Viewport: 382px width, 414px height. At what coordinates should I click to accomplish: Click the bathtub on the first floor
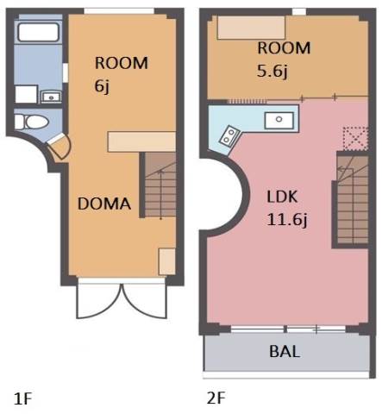tap(38, 32)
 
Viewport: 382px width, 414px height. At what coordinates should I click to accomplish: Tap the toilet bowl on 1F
tap(32, 122)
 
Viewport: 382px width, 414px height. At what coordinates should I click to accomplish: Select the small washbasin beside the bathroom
tap(51, 97)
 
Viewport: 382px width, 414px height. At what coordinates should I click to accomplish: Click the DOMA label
tap(104, 204)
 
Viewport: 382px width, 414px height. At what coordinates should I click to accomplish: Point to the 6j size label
tap(102, 85)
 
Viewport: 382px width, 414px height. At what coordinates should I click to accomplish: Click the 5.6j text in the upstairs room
tap(272, 71)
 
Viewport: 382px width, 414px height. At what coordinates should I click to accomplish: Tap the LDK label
tap(282, 198)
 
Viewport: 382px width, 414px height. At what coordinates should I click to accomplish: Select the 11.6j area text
tap(287, 220)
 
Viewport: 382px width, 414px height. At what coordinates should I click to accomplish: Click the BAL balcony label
tap(285, 351)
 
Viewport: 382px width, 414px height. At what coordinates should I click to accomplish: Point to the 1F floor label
tap(22, 398)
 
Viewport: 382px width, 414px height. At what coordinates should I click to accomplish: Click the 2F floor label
tap(216, 398)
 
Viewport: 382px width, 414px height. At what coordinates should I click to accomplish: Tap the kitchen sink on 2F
tap(279, 120)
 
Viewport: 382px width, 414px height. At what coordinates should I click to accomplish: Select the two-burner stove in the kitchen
tap(229, 135)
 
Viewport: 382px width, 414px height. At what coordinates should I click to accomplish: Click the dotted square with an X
tap(356, 138)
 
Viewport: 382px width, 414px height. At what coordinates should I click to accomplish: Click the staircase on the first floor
tap(160, 185)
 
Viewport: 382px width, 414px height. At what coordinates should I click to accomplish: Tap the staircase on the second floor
tap(353, 200)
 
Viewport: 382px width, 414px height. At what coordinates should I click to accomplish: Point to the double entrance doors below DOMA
tap(122, 300)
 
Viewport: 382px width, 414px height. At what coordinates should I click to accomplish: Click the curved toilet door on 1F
tap(59, 147)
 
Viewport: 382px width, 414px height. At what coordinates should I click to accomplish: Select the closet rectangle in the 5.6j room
tap(251, 28)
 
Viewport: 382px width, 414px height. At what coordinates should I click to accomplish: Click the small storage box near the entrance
tap(167, 261)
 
